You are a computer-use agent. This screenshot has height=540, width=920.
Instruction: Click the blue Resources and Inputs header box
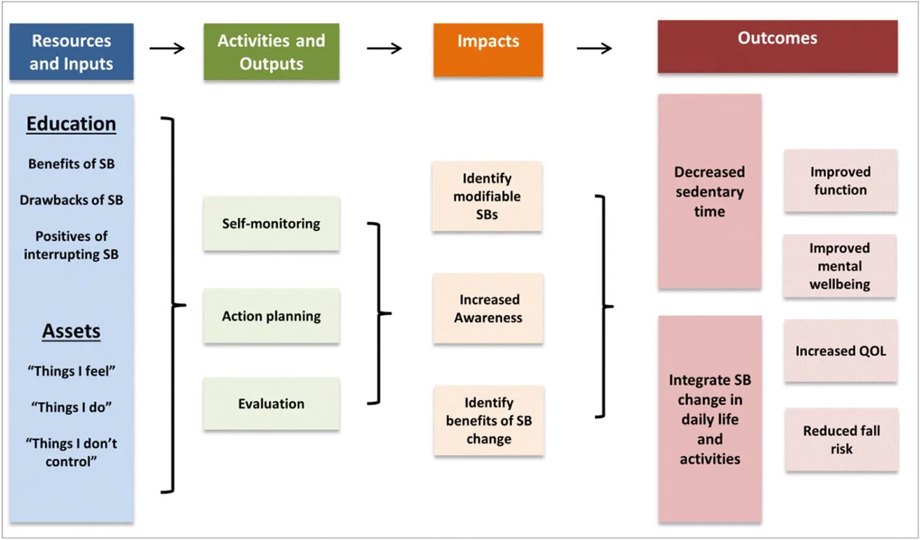click(71, 52)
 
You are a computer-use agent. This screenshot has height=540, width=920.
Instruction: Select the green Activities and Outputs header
click(271, 52)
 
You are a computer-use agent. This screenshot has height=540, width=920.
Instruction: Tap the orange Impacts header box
click(488, 49)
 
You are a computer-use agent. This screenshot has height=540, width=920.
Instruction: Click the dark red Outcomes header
click(777, 46)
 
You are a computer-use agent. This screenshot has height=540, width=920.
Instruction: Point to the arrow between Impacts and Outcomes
click(594, 49)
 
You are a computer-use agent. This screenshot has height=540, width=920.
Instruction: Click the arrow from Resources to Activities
click(167, 49)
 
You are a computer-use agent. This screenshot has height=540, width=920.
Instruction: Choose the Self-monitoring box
click(271, 224)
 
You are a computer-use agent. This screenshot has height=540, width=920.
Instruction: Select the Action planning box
click(271, 316)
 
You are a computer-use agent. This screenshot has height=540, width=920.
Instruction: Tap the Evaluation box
click(271, 404)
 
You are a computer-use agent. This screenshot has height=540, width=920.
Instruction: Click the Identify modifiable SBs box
click(487, 196)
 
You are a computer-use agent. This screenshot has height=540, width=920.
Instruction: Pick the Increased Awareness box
click(488, 309)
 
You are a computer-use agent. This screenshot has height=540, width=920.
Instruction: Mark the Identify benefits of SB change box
click(489, 421)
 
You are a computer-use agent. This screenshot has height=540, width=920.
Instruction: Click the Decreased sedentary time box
click(709, 192)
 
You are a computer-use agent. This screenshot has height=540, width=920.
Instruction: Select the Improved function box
click(840, 181)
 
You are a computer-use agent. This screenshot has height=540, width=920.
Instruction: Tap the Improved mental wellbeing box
click(840, 266)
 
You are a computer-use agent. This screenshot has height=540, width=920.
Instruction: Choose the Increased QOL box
click(840, 351)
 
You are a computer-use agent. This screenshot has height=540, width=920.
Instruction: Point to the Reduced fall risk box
click(841, 440)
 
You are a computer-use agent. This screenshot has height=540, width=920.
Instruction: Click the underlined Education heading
click(71, 124)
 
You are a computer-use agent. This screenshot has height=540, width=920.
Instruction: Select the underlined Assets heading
click(71, 331)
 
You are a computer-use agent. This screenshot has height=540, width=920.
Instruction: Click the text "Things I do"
click(71, 407)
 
